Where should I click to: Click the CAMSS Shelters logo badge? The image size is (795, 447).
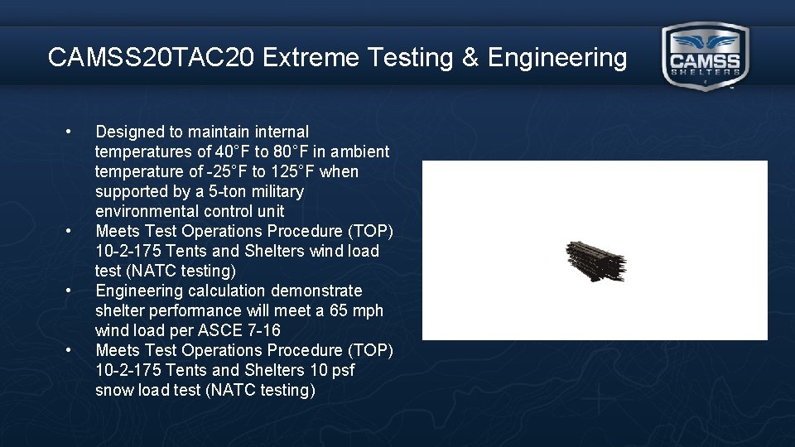click(705, 56)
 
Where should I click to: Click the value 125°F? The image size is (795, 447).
click(291, 171)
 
